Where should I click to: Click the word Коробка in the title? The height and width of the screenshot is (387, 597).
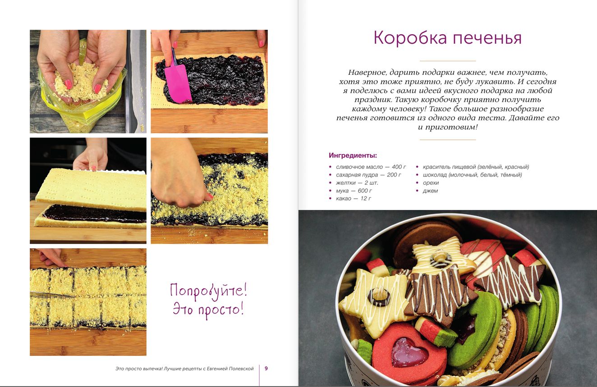coord(410,37)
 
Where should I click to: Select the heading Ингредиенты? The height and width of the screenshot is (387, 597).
coord(353,155)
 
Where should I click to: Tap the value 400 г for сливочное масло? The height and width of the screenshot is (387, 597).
coord(399,167)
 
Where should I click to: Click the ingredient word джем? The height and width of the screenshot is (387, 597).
coord(430,191)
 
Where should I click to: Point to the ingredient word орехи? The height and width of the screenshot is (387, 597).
coord(431,183)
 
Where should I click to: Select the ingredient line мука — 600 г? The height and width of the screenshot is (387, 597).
coord(354,191)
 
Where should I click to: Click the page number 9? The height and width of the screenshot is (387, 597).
coord(266,369)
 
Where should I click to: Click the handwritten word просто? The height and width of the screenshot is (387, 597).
coord(220,311)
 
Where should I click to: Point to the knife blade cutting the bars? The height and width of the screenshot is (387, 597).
coord(52,294)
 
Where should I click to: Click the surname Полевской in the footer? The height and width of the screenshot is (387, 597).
coord(241,369)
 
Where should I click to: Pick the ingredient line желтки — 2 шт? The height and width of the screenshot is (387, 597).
coord(357,183)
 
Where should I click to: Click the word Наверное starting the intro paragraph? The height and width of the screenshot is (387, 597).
coord(367,73)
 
